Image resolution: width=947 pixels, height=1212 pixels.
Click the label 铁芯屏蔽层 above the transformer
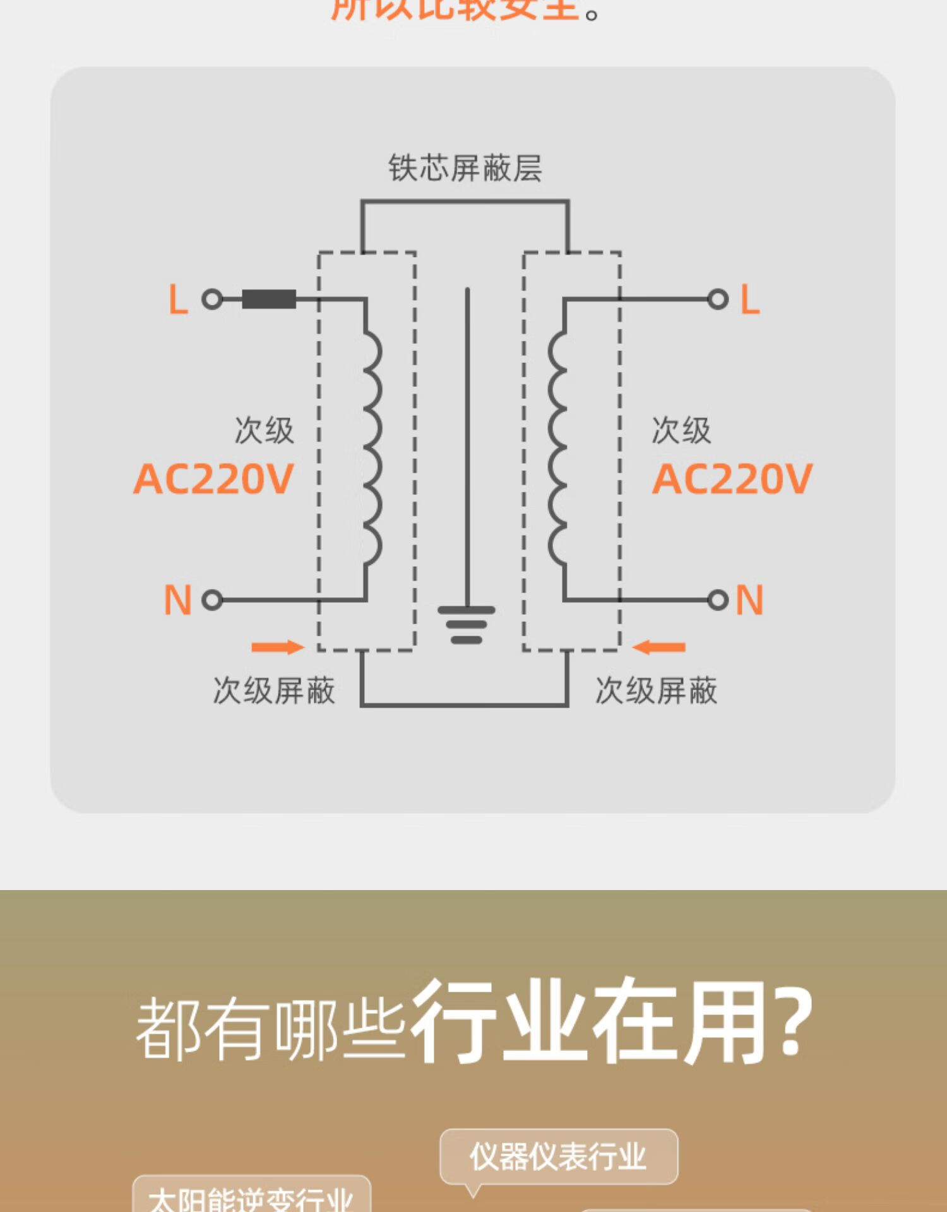(465, 169)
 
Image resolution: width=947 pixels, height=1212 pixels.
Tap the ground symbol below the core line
(467, 624)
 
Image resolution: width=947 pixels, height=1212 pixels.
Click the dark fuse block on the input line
(269, 299)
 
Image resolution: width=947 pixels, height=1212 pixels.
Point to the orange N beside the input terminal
(177, 600)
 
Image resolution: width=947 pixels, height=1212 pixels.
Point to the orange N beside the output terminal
(749, 600)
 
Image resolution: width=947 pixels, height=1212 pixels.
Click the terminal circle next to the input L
(212, 299)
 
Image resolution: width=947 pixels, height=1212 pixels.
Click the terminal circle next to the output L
(718, 299)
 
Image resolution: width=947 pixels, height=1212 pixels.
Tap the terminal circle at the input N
(212, 600)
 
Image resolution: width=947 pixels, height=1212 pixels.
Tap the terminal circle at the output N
(718, 600)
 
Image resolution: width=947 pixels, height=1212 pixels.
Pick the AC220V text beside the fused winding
(213, 479)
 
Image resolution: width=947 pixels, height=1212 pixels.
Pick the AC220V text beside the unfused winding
(732, 479)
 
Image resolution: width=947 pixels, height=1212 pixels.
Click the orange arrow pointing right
(277, 647)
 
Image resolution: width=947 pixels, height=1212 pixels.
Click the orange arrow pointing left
(658, 647)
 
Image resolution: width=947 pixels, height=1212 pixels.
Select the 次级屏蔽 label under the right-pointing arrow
(274, 691)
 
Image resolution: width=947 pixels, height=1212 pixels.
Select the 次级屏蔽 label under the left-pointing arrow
(656, 691)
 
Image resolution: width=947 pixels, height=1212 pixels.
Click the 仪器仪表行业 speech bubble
(558, 1156)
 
